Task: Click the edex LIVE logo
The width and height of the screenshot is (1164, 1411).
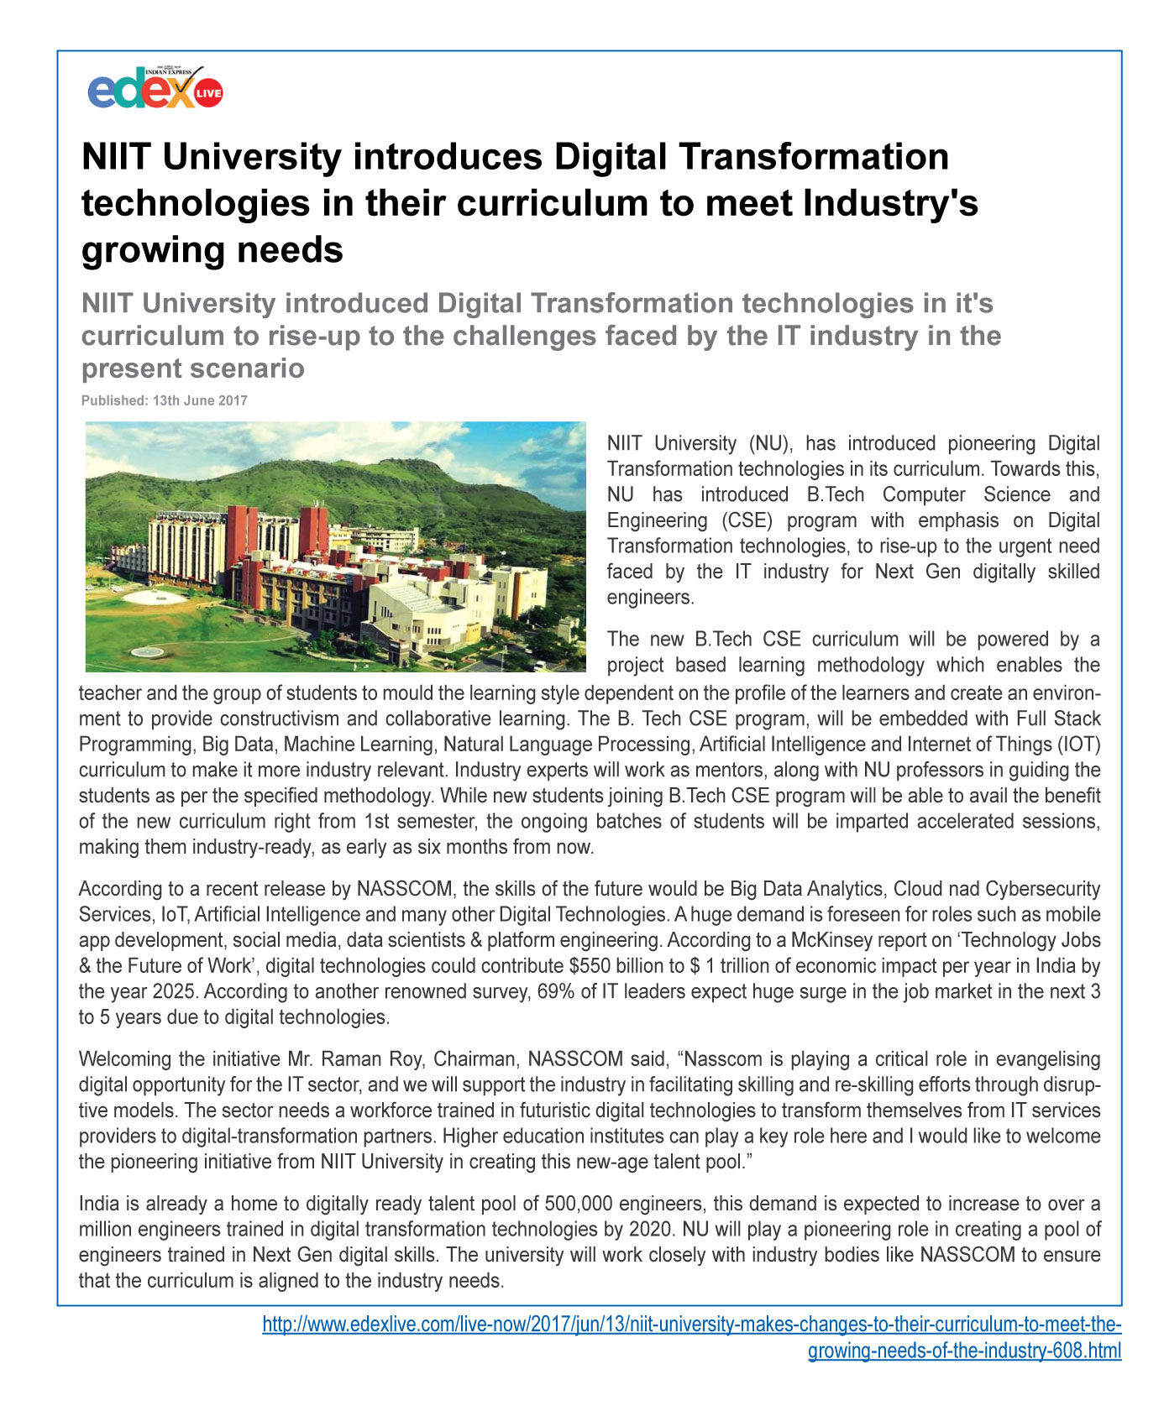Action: [x=155, y=89]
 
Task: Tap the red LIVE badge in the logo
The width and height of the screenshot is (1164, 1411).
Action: [x=208, y=93]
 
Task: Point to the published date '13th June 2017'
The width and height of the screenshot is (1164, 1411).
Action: [x=200, y=400]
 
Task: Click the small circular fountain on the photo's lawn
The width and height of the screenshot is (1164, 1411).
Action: [x=148, y=652]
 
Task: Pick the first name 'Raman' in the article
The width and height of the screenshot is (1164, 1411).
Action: [x=349, y=1059]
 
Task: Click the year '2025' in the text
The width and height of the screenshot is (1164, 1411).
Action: [x=176, y=991]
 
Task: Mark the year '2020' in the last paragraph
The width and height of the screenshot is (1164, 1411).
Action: [x=649, y=1230]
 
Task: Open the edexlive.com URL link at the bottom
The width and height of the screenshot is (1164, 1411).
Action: [x=691, y=1325]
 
